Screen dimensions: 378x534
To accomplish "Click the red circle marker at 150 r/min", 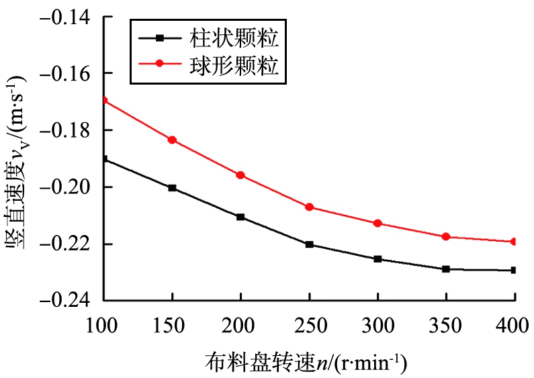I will coord(173,140).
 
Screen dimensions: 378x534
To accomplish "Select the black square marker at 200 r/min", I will coord(240,217).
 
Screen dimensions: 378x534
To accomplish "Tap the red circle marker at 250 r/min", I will coord(309,207).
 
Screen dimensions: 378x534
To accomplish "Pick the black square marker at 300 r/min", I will coord(377,259).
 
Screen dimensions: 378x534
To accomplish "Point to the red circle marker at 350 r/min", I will coord(446,237).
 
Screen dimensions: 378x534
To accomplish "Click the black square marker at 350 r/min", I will coord(446,269).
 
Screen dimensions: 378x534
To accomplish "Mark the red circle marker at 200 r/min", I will coord(240,175).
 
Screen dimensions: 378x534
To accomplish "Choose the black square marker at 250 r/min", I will coord(309,244).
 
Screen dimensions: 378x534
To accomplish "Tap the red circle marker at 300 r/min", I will coord(377,223).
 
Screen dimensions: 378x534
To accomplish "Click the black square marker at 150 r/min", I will coord(173,188).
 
